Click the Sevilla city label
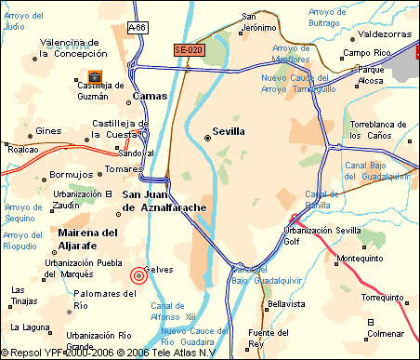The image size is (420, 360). click(x=229, y=132)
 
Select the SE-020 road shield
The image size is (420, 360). click(x=189, y=48)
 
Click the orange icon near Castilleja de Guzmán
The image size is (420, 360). click(x=95, y=76)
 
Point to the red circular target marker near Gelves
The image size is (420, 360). click(x=138, y=274)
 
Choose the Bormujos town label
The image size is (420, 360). click(x=72, y=174)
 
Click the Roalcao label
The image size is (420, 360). click(x=22, y=148)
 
